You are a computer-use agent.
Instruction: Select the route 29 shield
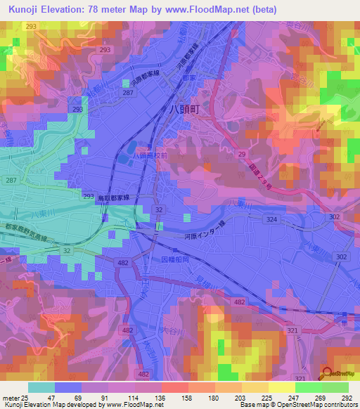point(241,152)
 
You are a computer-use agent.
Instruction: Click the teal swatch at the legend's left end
point(41,387)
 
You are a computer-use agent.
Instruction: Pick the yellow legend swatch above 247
point(282,387)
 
